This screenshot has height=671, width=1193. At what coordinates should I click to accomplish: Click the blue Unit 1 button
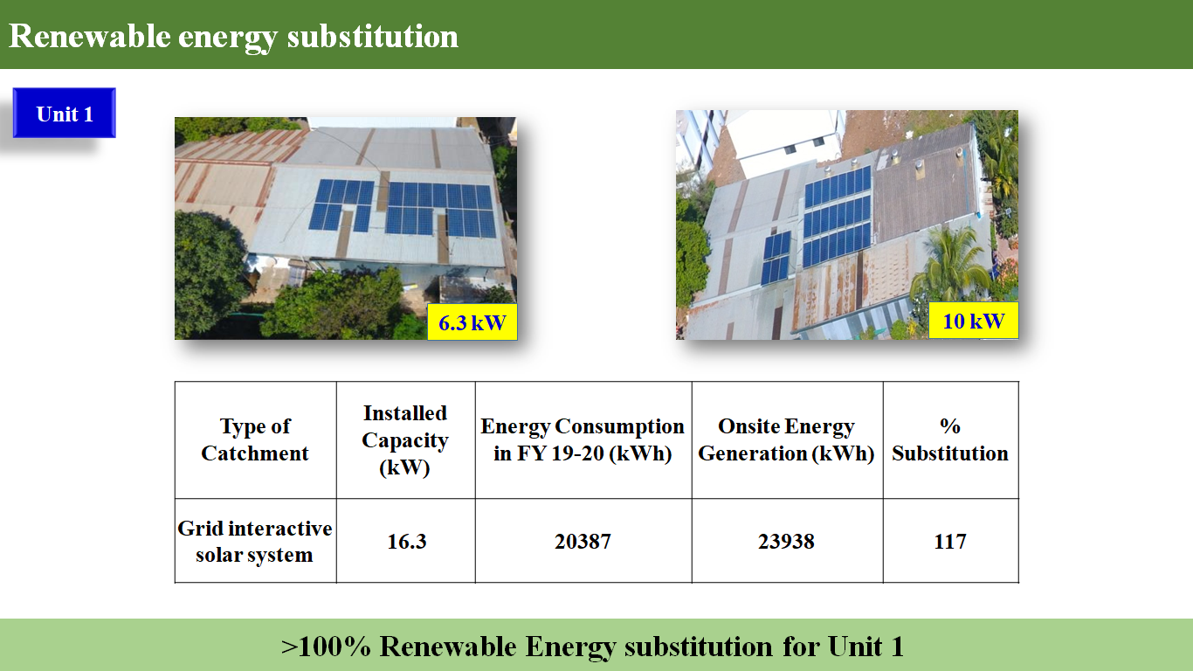click(65, 113)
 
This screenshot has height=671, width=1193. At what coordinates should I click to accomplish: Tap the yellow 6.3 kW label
click(472, 322)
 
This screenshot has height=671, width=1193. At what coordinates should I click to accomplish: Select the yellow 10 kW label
click(974, 321)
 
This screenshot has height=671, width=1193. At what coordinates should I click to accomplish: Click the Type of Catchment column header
click(255, 439)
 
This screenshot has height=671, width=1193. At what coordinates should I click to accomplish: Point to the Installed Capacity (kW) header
click(405, 439)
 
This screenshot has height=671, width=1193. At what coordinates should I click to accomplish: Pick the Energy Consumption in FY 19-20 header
click(583, 439)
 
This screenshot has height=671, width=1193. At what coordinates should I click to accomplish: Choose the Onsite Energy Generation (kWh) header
click(786, 439)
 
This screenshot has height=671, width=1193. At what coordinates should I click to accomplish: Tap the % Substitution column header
click(950, 439)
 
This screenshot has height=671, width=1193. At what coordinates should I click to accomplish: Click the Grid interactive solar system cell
click(255, 541)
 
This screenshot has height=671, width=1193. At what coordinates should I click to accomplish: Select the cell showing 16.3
click(407, 542)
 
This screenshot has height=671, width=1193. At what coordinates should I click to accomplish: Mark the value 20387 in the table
click(583, 542)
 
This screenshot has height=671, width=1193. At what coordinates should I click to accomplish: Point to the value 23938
click(786, 542)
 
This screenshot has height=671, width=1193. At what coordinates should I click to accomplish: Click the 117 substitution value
click(950, 542)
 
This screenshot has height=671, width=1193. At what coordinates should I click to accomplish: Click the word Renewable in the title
click(89, 36)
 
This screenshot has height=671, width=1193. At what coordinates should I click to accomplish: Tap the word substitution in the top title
click(372, 36)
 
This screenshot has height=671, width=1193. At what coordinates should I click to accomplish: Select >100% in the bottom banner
click(326, 647)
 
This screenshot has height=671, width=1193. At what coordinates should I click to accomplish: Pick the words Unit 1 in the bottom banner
click(865, 647)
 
